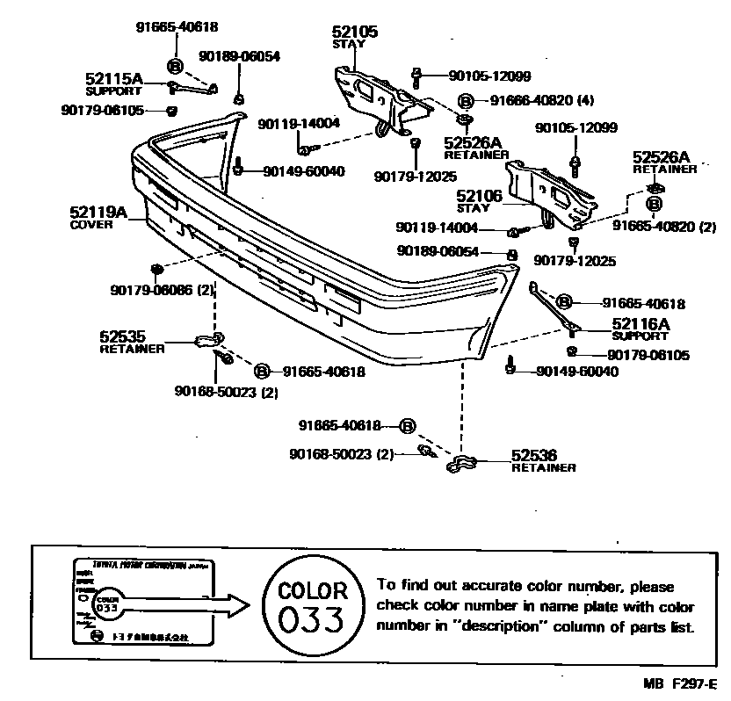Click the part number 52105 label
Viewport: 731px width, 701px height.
coord(355,32)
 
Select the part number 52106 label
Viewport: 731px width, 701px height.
coord(479,197)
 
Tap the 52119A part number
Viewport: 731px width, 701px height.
coord(98,212)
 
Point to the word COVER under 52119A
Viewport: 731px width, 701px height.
coord(91,225)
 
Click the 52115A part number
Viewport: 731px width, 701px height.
coord(114,78)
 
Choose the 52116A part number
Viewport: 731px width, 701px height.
coord(641,324)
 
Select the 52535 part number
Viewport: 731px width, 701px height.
coord(122,336)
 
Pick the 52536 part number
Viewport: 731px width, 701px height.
coord(534,455)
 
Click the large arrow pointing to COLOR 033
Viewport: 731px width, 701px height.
coord(193,604)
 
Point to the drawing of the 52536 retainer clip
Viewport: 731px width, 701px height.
coord(462,463)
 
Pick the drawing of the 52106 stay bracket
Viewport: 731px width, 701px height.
coord(554,192)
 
